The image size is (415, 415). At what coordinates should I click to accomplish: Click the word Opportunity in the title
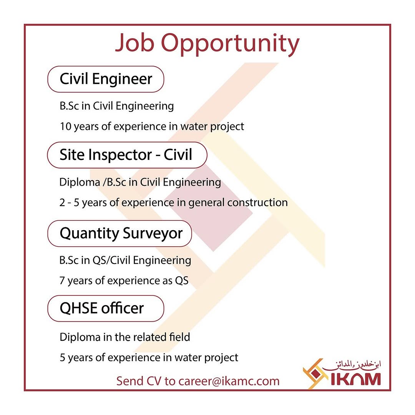click(230, 44)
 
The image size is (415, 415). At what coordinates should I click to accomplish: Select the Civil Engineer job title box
click(106, 79)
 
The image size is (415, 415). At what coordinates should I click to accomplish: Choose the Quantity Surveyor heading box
click(120, 234)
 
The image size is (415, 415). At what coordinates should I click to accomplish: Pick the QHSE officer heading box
click(106, 309)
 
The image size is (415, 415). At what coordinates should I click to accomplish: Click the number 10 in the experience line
click(66, 126)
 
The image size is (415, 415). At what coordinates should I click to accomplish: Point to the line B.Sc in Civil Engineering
click(117, 106)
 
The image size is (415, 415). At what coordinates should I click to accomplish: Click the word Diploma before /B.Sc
click(80, 182)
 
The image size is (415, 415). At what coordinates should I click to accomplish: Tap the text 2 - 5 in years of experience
click(69, 203)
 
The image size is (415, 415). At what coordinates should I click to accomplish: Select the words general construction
click(238, 203)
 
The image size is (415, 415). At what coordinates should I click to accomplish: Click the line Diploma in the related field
click(125, 337)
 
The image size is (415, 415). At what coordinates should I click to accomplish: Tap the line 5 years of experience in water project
click(149, 358)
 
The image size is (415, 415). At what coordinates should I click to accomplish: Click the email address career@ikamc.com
click(229, 382)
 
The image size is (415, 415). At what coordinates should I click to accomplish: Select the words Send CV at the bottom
click(139, 382)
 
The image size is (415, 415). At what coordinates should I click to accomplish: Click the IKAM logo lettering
click(356, 379)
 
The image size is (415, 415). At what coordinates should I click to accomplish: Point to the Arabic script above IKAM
click(352, 365)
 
